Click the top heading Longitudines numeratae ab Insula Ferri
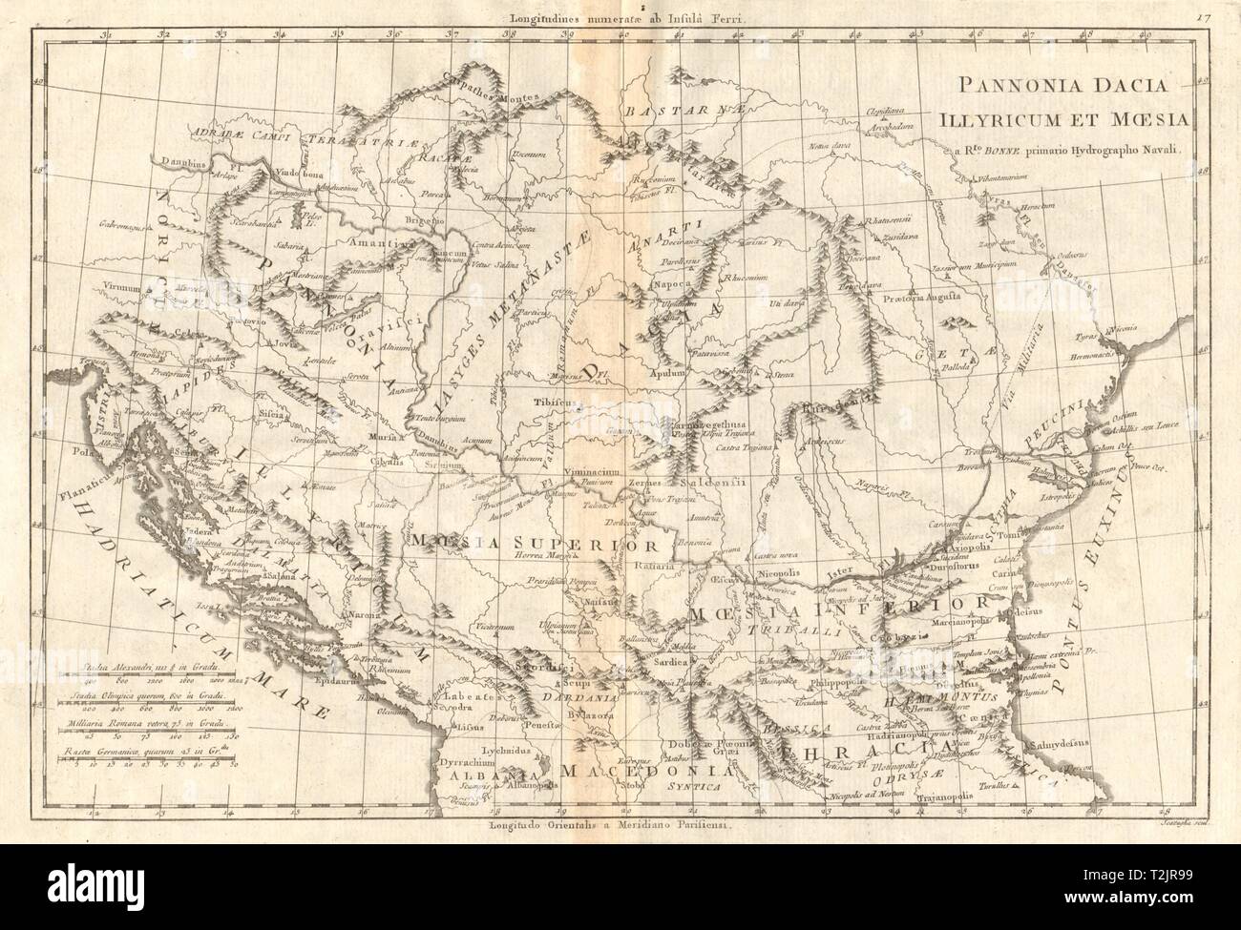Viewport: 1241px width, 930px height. click(x=619, y=16)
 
